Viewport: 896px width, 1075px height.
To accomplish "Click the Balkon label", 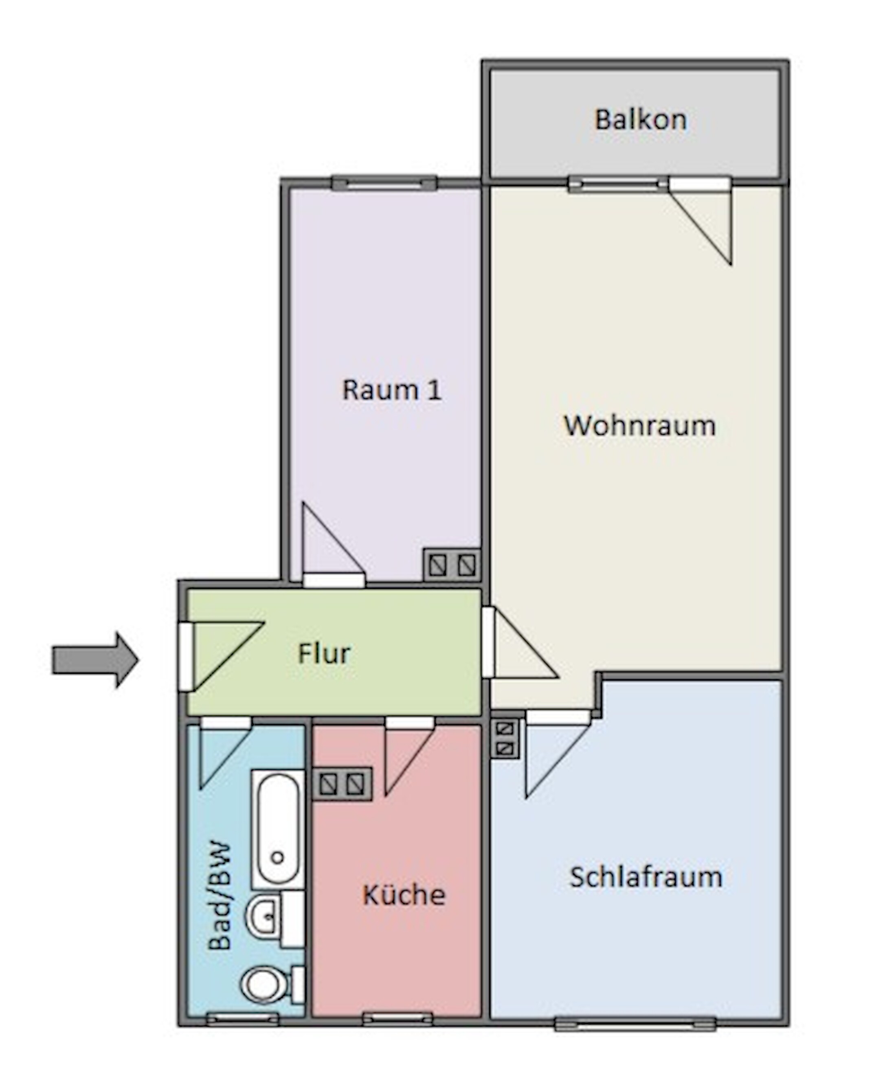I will (640, 120).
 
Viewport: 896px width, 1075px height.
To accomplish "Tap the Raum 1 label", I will (391, 390).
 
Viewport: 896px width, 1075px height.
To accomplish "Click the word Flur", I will (324, 654).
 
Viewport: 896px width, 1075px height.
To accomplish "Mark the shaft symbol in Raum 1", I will (451, 565).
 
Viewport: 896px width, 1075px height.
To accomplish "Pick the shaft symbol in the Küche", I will (342, 784).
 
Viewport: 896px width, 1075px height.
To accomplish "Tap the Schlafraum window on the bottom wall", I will (635, 1024).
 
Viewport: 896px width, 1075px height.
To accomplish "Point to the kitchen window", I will (397, 1019).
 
